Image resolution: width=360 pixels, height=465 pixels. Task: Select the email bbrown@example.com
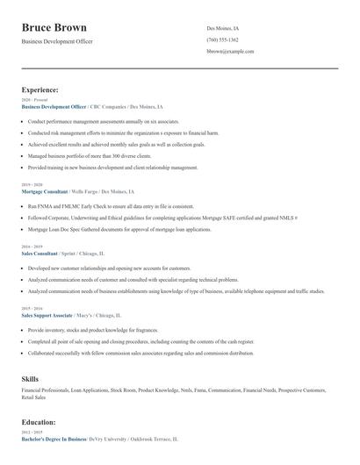[230, 52]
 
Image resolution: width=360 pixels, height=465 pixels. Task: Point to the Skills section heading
[30, 378]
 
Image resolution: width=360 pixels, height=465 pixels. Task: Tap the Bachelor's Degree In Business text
[54, 437]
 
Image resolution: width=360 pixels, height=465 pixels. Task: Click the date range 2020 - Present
[33, 100]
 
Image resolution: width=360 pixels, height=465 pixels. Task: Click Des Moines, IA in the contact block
[222, 28]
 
